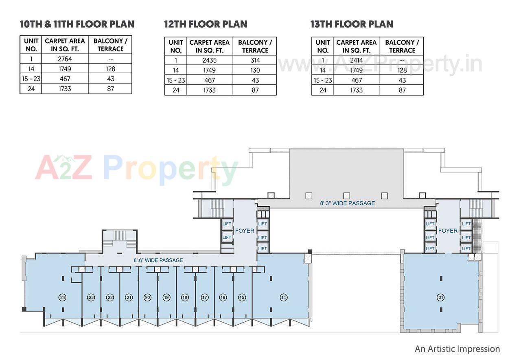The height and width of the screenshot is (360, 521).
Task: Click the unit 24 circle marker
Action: (62, 297)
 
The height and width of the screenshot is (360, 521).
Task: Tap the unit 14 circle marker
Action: (284, 297)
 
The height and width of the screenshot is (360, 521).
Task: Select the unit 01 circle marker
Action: (440, 297)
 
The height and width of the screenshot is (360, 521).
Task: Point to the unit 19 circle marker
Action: (166, 297)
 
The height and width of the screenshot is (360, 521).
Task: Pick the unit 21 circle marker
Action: (129, 297)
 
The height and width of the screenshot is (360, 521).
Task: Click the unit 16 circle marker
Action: (223, 297)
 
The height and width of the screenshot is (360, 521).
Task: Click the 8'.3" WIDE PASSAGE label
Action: (347, 203)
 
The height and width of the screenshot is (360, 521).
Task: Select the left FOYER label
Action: (245, 231)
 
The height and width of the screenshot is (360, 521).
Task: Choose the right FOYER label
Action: (448, 231)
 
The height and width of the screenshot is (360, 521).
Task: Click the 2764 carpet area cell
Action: (65, 59)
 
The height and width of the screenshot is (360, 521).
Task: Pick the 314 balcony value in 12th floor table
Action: (255, 61)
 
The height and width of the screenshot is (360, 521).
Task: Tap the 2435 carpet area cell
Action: (210, 61)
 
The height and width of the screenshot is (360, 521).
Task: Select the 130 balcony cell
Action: (255, 70)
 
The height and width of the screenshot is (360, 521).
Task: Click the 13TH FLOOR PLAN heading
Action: (352, 24)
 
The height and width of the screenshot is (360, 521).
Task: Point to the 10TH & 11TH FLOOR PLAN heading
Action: (77, 24)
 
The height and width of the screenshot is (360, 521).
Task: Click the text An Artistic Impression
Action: (457, 349)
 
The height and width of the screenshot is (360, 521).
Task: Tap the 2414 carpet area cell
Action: (357, 61)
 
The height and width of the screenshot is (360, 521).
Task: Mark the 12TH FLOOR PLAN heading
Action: (206, 24)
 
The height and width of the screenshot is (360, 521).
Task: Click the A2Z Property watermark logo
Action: (136, 169)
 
